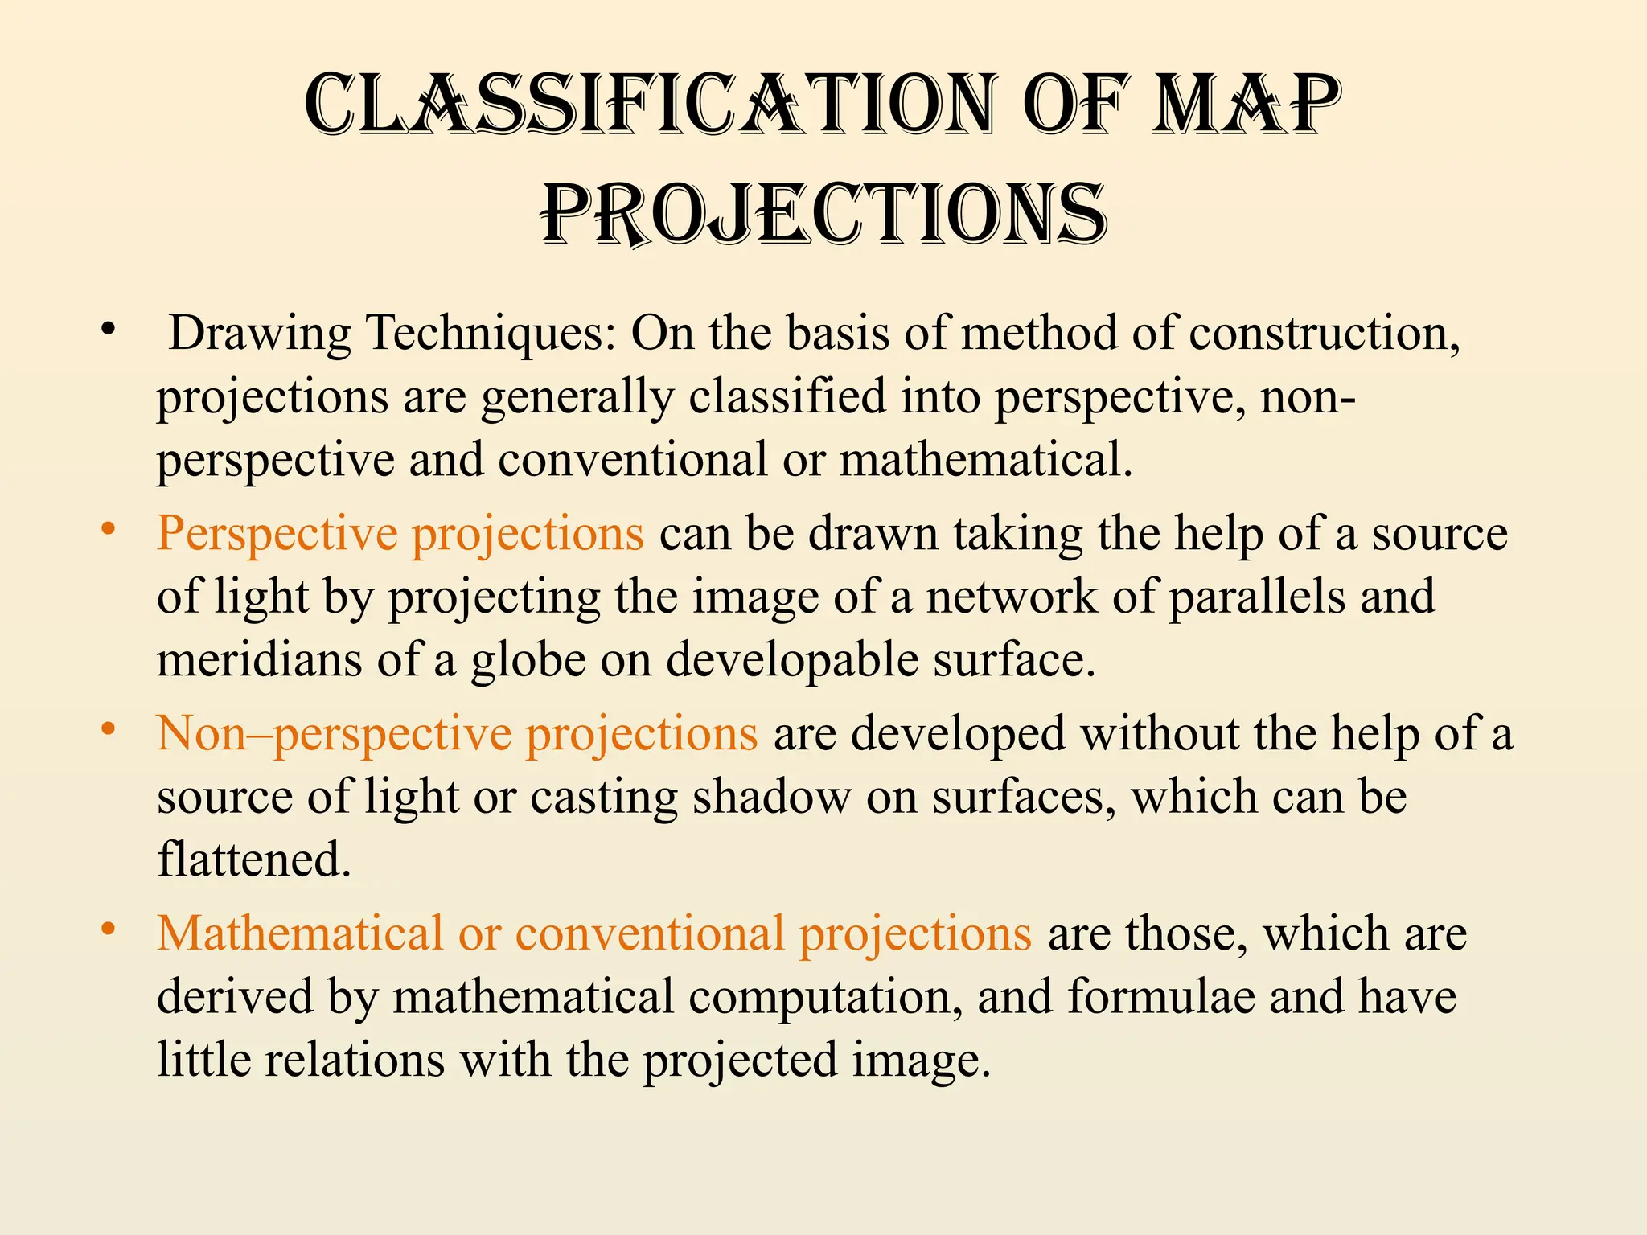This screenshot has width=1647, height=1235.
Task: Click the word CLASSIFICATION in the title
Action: pyautogui.click(x=651, y=105)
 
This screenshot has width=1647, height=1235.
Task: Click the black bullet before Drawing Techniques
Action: pyautogui.click(x=109, y=329)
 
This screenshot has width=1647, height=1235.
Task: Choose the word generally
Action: pyautogui.click(x=577, y=397)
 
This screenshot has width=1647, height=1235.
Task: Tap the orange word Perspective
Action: pyautogui.click(x=277, y=534)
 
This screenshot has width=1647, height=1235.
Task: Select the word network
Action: pyautogui.click(x=1012, y=597)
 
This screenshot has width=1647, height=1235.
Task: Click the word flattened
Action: pyautogui.click(x=254, y=860)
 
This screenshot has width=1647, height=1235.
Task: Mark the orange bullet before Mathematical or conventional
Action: pyautogui.click(x=109, y=930)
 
